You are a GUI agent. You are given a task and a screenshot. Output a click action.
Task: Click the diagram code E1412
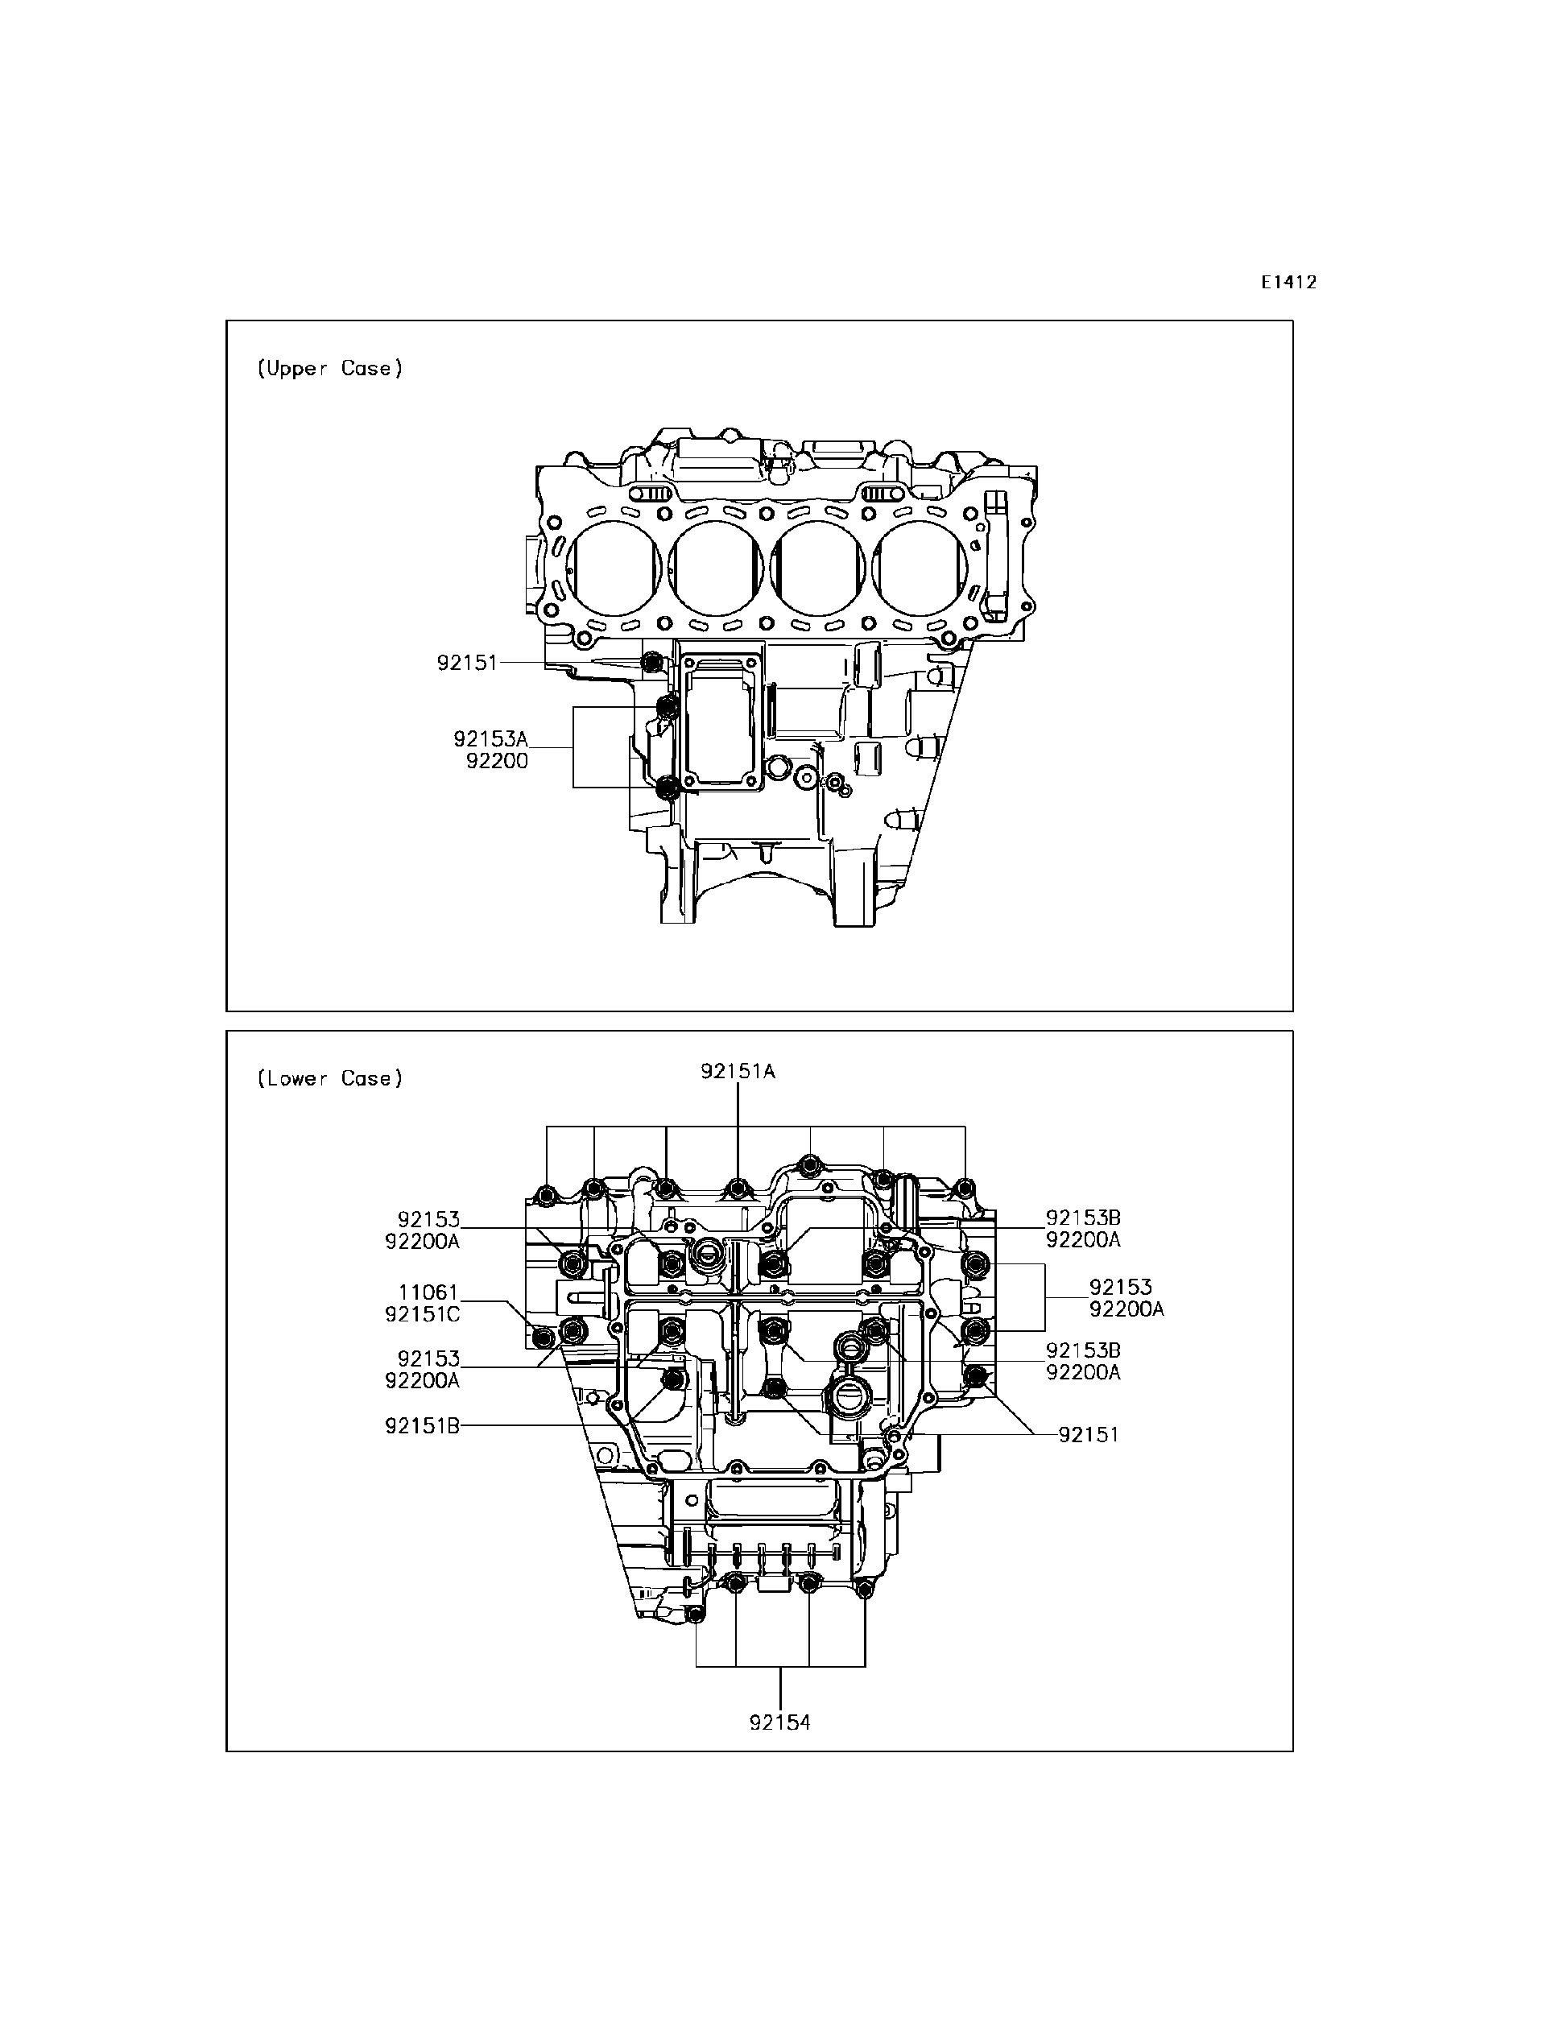[1288, 283]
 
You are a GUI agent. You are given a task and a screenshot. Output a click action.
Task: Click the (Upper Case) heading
[329, 368]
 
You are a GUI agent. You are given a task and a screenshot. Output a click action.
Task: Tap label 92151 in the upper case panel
[466, 663]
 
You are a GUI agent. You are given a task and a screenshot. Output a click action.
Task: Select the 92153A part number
[490, 739]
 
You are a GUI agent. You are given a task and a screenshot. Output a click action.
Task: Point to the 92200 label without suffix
[497, 761]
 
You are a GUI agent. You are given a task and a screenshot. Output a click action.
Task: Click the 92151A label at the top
[737, 1071]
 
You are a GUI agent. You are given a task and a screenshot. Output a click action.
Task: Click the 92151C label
[423, 1315]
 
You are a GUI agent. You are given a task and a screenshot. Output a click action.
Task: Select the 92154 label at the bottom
[779, 1723]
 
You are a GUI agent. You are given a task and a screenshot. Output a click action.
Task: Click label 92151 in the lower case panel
[1089, 1435]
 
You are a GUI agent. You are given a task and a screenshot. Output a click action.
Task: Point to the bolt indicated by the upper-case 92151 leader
[652, 663]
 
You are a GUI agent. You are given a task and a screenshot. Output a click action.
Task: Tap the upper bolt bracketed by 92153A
[669, 708]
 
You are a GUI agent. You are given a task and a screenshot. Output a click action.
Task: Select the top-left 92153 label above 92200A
[429, 1219]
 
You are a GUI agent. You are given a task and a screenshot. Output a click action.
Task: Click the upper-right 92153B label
[1083, 1218]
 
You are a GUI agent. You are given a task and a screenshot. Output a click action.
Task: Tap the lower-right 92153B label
[1083, 1350]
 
